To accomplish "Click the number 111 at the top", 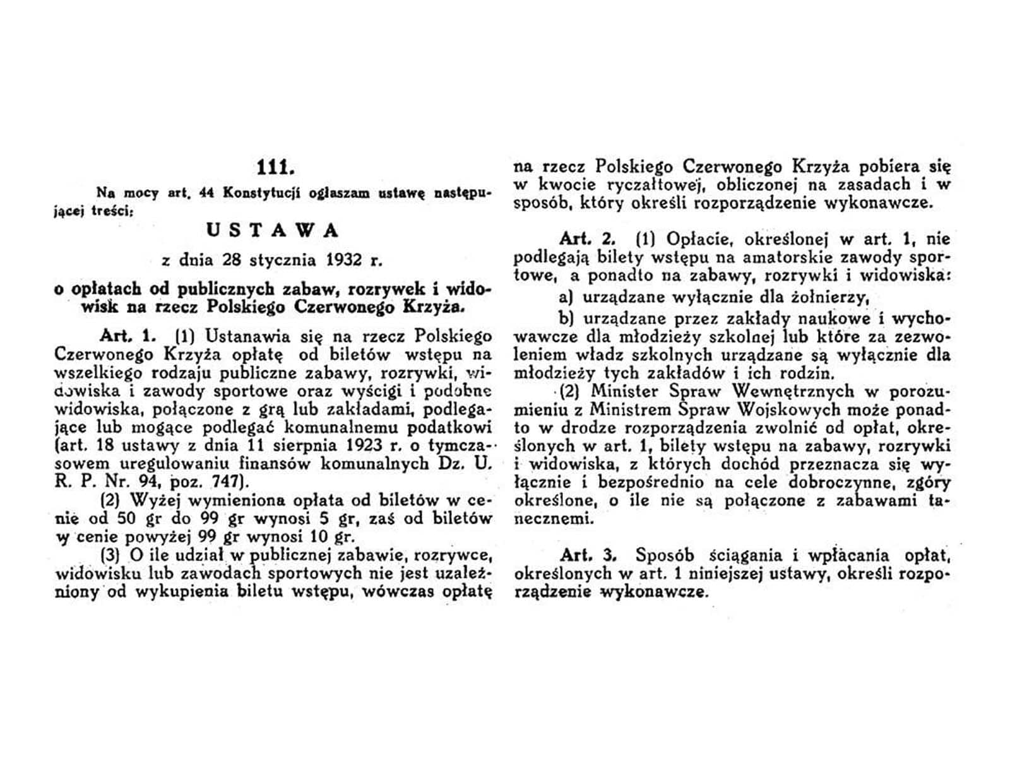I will pyautogui.click(x=276, y=168).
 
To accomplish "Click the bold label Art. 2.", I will pyautogui.click(x=586, y=240).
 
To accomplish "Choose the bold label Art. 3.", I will pyautogui.click(x=587, y=555).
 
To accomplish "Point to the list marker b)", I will pyautogui.click(x=566, y=318).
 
